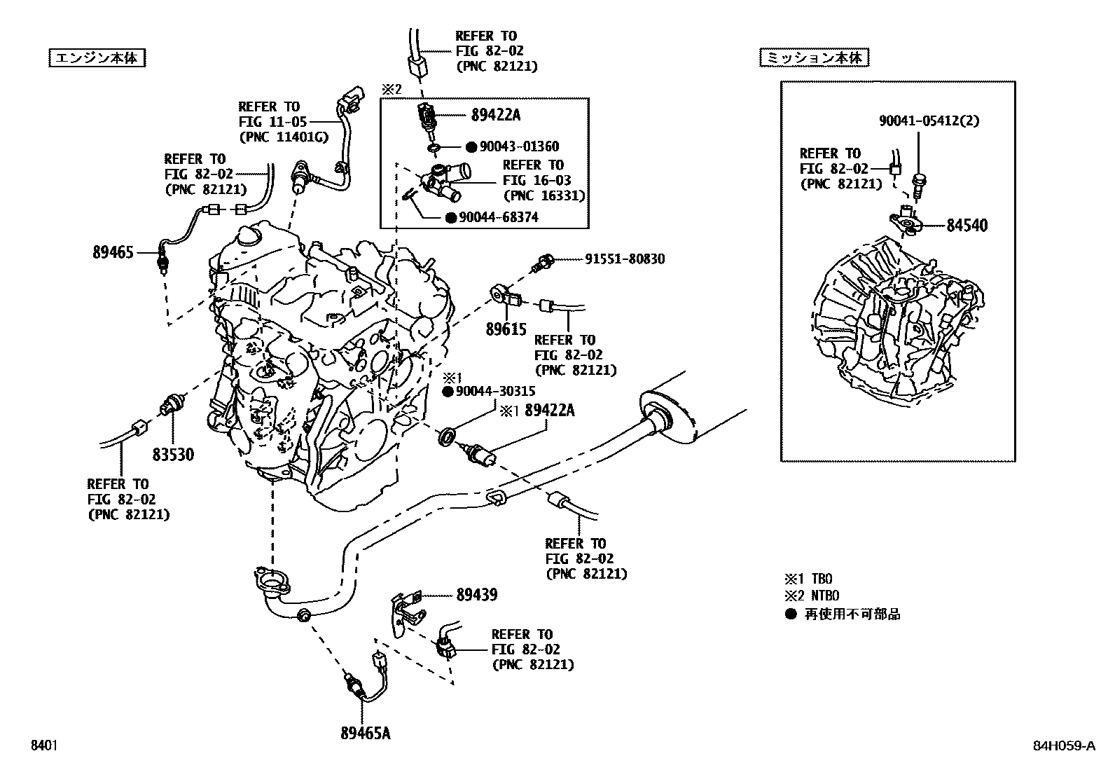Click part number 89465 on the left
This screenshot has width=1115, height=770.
pyautogui.click(x=113, y=252)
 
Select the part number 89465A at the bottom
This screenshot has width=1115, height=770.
pyautogui.click(x=365, y=734)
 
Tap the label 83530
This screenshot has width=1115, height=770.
pyautogui.click(x=173, y=455)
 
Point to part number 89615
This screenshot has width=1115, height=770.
pyautogui.click(x=506, y=329)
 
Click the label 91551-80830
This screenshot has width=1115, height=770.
pyautogui.click(x=625, y=259)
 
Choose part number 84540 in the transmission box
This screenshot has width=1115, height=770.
pyautogui.click(x=967, y=226)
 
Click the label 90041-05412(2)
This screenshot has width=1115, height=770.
pyautogui.click(x=929, y=121)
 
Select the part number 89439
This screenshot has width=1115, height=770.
pyautogui.click(x=476, y=596)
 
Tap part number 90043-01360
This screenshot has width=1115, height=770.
pyautogui.click(x=519, y=147)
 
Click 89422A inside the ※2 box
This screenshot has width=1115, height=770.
pyautogui.click(x=496, y=115)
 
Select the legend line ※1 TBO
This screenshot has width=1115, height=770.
pyautogui.click(x=808, y=579)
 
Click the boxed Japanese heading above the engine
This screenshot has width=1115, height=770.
pyautogui.click(x=97, y=58)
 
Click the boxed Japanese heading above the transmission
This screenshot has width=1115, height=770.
pyautogui.click(x=814, y=58)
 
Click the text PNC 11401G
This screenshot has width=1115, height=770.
pyautogui.click(x=283, y=137)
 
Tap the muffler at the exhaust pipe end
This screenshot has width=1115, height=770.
pyautogui.click(x=672, y=417)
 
